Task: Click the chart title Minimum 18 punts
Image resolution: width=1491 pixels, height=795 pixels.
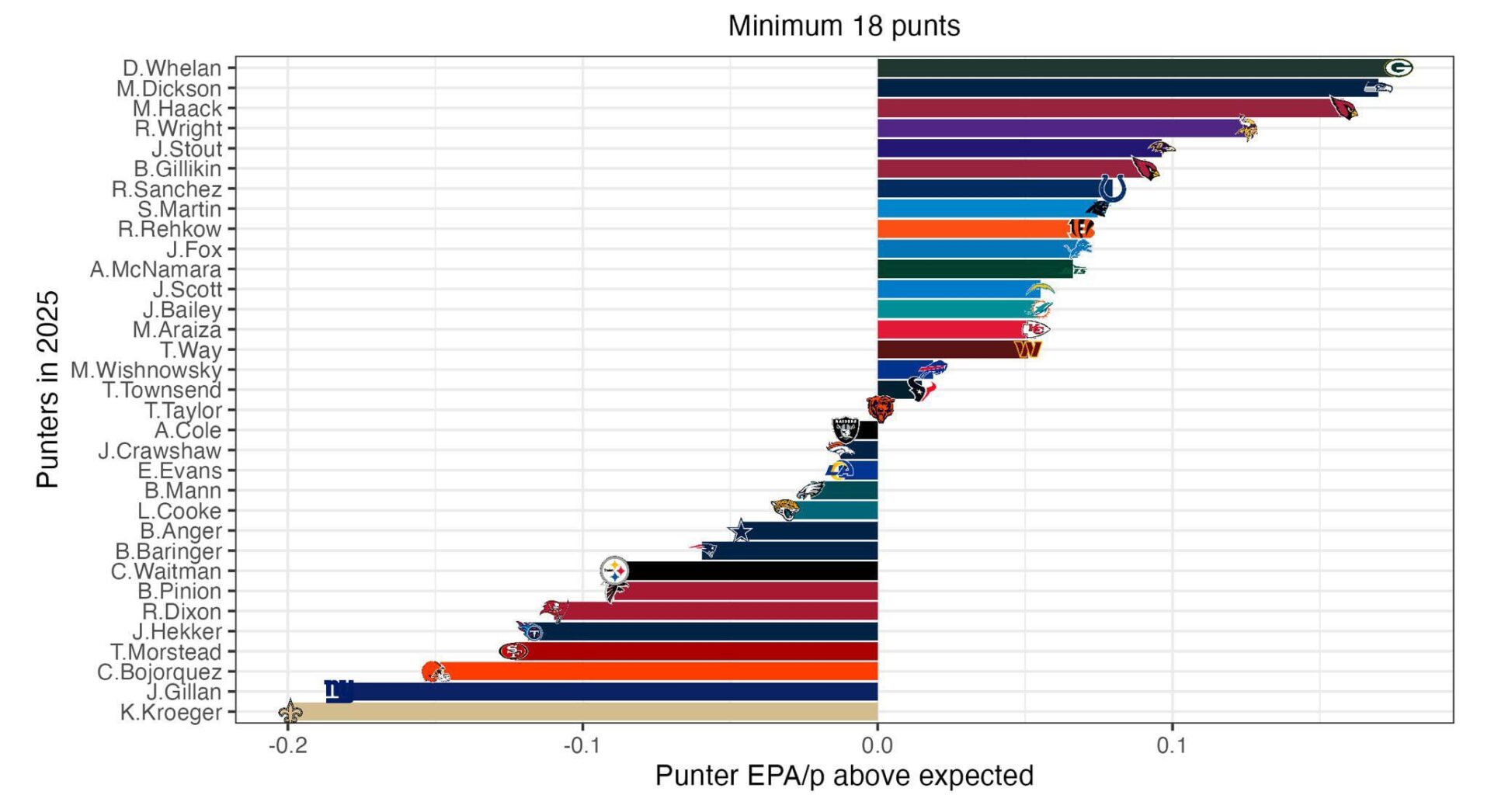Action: click(x=843, y=26)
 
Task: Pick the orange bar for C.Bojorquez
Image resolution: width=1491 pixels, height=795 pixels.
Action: click(x=660, y=672)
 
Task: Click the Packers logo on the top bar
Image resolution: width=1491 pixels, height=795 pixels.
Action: click(x=1399, y=68)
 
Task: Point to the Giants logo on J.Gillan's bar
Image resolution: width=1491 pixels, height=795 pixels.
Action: click(x=339, y=690)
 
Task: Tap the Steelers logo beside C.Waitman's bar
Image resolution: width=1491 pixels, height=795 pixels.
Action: click(x=614, y=571)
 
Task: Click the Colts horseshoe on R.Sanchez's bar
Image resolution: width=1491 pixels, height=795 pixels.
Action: click(x=1112, y=189)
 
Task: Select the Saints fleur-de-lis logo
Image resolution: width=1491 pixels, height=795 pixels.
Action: click(x=290, y=710)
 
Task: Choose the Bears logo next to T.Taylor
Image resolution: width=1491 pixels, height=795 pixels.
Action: click(x=880, y=408)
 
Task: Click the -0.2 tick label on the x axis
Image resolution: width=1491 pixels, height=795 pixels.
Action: click(x=287, y=746)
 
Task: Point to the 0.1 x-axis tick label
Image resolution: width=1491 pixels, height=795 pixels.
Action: click(x=1171, y=746)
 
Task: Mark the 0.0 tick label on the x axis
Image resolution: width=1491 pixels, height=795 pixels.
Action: click(x=877, y=746)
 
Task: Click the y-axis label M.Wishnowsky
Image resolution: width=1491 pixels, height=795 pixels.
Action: click(x=146, y=370)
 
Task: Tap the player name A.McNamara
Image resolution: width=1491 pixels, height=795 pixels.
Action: click(x=155, y=269)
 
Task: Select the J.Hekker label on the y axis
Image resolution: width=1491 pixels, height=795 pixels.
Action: click(x=177, y=632)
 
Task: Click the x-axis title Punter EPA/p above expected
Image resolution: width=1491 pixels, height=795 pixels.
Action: click(x=843, y=776)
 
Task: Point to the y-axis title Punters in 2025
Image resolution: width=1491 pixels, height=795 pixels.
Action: click(x=48, y=389)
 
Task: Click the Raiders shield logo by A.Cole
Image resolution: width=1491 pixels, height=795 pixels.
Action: click(x=845, y=429)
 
